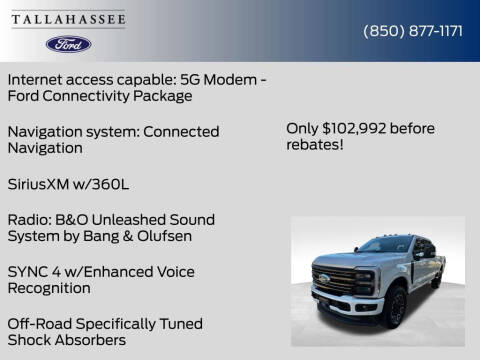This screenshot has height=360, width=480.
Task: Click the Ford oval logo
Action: coord(69,44)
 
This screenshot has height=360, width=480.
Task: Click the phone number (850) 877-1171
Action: coord(412,31)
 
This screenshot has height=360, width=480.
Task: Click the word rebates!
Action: coord(314,145)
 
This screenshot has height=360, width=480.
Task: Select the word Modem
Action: coord(227,78)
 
